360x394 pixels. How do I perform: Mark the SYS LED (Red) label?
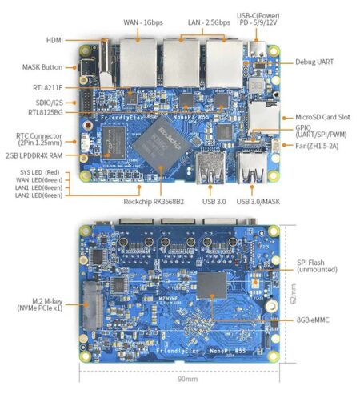42,172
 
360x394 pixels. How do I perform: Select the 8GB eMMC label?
317,320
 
